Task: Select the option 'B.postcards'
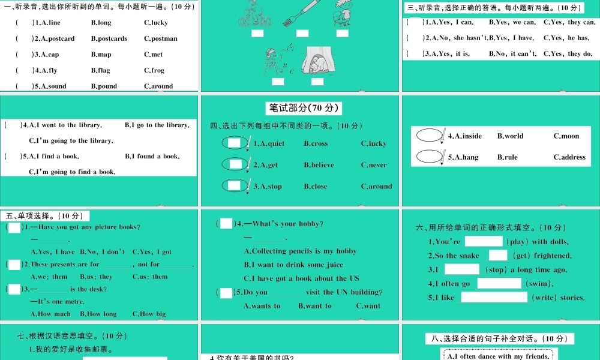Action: [109, 38]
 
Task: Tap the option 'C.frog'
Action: [154, 70]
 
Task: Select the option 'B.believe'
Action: [319, 165]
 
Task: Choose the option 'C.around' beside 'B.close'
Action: [376, 187]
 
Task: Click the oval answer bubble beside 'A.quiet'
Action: [235, 143]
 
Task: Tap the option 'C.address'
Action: [569, 157]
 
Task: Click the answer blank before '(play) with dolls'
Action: [483, 241]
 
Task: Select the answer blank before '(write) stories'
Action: [493, 297]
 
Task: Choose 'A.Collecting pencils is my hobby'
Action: [300, 251]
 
